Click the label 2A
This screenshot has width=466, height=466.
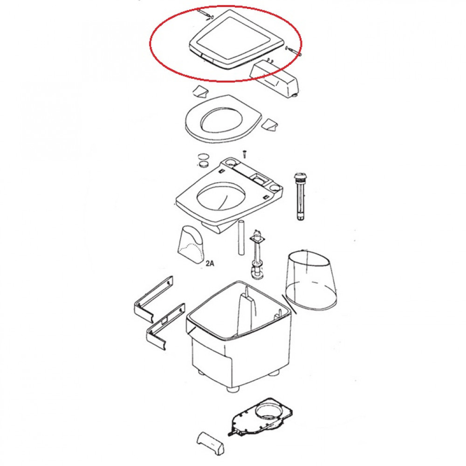[x=210, y=263]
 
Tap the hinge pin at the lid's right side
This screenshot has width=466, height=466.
[x=293, y=51]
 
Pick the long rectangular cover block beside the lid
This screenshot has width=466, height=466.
[x=274, y=78]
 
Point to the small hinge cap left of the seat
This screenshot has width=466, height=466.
[x=200, y=91]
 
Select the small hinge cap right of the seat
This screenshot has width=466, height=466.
[x=269, y=124]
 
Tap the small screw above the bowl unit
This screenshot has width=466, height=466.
[x=245, y=154]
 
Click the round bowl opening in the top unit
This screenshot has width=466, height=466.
[x=222, y=197]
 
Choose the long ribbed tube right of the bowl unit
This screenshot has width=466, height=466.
[x=301, y=196]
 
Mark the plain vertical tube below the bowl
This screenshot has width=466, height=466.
[x=241, y=237]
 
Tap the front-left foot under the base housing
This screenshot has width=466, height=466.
[x=232, y=389]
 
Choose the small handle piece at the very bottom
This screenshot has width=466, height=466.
[x=211, y=443]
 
